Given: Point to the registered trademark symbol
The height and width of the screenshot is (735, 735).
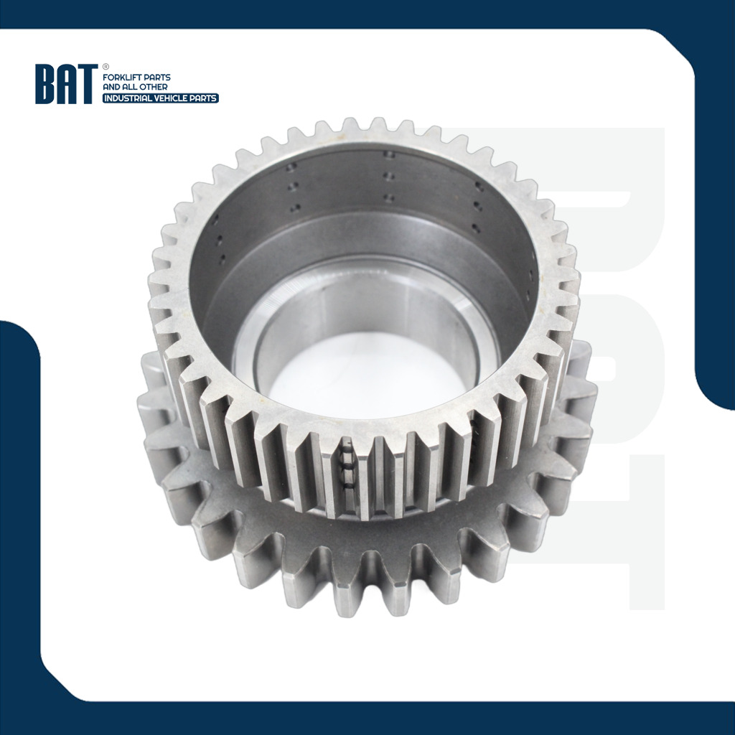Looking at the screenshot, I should (x=106, y=67).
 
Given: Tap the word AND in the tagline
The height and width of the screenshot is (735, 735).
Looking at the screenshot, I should (x=112, y=88).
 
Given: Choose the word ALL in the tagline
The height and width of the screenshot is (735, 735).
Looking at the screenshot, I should (x=132, y=88).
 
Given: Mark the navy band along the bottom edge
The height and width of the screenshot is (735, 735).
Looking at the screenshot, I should (x=367, y=718).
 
